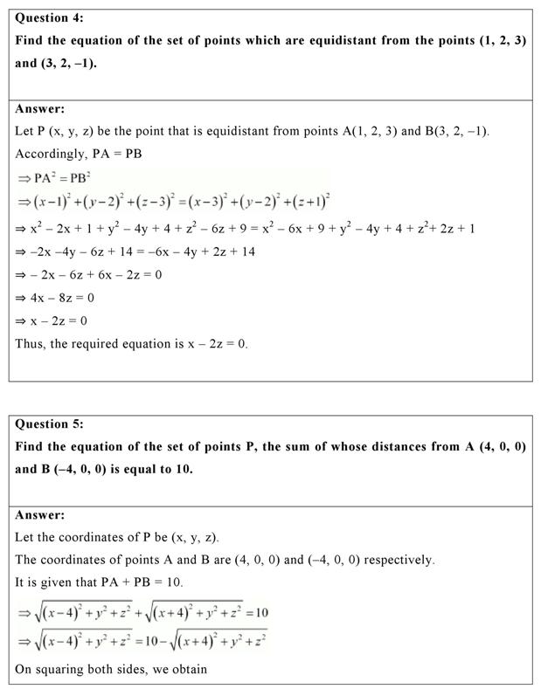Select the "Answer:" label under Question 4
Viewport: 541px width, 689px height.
[x=40, y=109]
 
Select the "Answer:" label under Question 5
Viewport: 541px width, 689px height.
[x=40, y=515]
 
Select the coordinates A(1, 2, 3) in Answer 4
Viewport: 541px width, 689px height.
[x=359, y=131]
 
